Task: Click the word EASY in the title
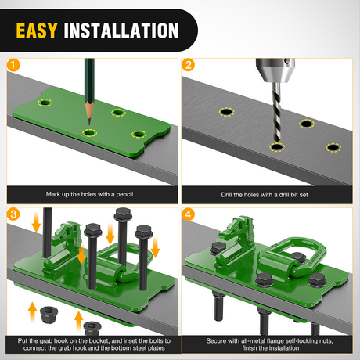(x=37, y=31)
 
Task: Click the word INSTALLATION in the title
(x=121, y=31)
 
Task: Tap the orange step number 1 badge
(x=13, y=65)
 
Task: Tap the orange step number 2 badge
(x=188, y=65)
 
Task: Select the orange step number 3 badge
(x=13, y=214)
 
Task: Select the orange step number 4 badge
(x=188, y=214)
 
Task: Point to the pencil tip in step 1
(x=89, y=124)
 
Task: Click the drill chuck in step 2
(x=275, y=70)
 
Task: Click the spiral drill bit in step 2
(x=277, y=112)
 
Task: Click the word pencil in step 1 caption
(x=124, y=194)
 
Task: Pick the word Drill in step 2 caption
(x=227, y=195)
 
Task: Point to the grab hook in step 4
(x=235, y=243)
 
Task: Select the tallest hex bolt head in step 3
(x=123, y=214)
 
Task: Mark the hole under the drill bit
(x=277, y=147)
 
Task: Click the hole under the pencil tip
(x=89, y=133)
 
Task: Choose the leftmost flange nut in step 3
(x=49, y=315)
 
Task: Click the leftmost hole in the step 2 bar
(x=226, y=112)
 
